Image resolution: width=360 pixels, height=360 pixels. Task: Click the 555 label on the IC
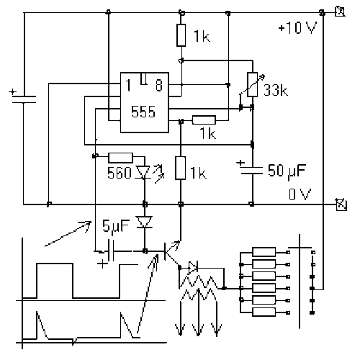143,112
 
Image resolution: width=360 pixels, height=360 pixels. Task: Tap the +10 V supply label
297,27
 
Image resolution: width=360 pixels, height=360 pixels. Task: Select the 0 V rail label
300,194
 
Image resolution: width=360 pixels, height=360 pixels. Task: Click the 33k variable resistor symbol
253,84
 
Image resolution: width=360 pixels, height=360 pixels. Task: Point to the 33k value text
276,90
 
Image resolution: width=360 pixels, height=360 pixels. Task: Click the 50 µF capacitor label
287,171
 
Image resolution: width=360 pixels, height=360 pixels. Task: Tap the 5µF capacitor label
116,226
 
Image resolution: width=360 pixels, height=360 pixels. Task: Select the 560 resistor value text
120,173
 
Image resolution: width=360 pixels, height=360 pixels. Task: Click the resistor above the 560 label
120,158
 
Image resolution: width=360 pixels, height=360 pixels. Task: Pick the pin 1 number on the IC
128,85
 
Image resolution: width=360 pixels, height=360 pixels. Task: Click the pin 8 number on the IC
159,85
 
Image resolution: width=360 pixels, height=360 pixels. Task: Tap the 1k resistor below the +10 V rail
181,35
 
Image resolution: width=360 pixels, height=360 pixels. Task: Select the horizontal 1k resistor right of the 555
204,120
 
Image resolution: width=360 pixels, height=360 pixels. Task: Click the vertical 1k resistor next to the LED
181,168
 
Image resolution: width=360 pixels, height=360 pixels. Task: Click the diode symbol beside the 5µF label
144,222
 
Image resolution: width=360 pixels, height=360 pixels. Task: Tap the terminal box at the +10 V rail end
341,12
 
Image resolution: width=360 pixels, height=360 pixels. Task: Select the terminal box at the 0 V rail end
342,204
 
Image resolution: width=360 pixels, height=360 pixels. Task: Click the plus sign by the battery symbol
12,92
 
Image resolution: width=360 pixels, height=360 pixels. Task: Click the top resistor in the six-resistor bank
264,252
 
